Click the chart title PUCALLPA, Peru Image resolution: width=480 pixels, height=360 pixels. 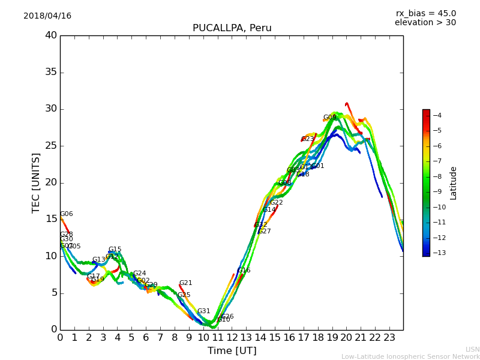point(232,28)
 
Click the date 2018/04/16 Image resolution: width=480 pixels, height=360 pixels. point(47,16)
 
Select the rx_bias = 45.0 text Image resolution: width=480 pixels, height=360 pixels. point(425,13)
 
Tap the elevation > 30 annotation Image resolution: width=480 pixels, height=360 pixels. point(425,23)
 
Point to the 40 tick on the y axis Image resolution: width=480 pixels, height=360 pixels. point(51,35)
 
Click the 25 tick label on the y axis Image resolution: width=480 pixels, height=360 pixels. point(51,146)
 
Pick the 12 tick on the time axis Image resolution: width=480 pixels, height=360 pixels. point(232,338)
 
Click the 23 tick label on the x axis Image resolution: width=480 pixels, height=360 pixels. point(389,338)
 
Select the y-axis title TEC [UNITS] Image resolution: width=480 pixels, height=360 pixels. point(37,182)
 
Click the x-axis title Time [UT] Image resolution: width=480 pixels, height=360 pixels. point(232,351)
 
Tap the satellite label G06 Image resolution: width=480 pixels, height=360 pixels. point(66,214)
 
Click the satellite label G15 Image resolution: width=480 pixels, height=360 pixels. point(115,250)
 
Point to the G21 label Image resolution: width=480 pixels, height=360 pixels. point(185,283)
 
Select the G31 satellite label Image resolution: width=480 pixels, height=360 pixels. point(203,311)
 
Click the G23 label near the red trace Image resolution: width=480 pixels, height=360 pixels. point(308,139)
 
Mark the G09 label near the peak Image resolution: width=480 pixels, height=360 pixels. point(329,118)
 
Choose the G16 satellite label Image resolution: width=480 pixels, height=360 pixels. point(244,271)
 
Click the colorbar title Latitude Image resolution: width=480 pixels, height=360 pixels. point(454,183)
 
